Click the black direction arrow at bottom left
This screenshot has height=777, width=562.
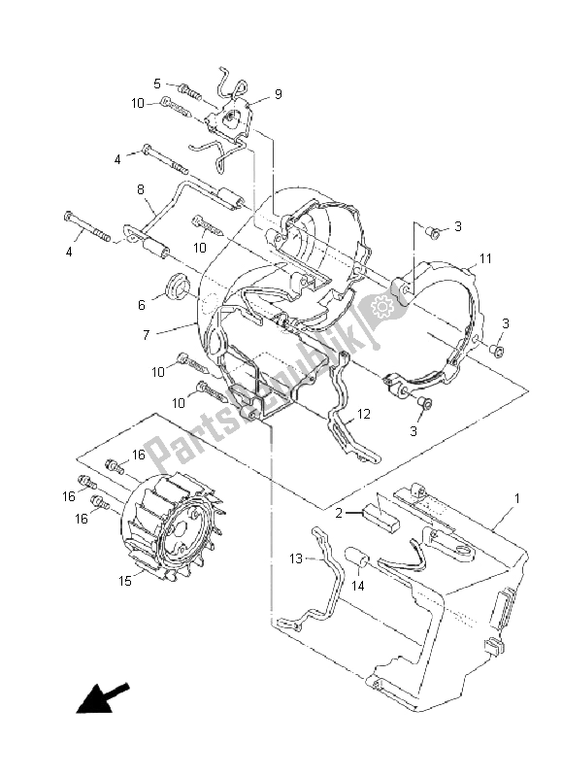click(102, 699)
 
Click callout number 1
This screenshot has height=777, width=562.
click(517, 498)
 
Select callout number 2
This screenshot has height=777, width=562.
click(339, 513)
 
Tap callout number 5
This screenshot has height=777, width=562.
click(157, 84)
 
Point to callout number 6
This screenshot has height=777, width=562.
click(142, 305)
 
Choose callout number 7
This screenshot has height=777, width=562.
click(146, 335)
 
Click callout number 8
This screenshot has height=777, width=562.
click(141, 189)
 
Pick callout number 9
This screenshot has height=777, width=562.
click(278, 93)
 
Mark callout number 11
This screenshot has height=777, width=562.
click(485, 258)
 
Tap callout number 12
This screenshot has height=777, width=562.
click(364, 414)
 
